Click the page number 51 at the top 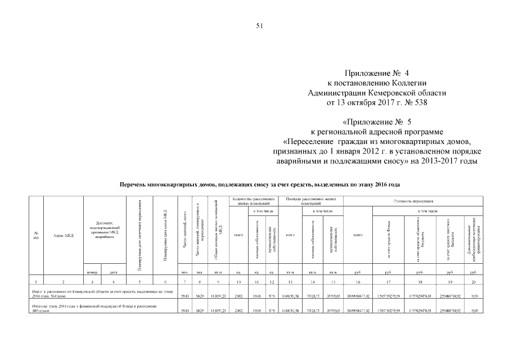259,25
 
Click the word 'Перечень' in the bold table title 137,184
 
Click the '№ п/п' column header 37,235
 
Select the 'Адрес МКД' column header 64,235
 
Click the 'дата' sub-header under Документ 114,272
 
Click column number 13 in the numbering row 291,281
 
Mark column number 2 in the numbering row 64,281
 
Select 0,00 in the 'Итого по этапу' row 474,310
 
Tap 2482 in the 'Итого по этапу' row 238,310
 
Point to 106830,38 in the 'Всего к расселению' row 290,295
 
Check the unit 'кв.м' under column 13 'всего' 291,272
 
